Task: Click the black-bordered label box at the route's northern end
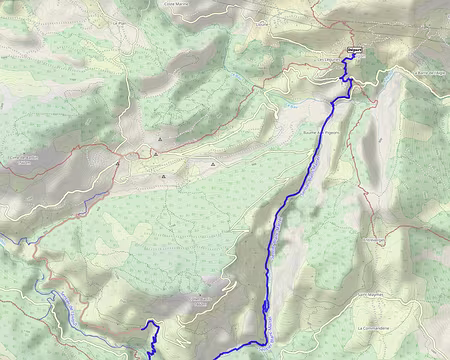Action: [x=354, y=52]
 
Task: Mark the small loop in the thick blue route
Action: [x=267, y=306]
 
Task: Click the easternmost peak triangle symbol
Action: [x=214, y=163]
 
